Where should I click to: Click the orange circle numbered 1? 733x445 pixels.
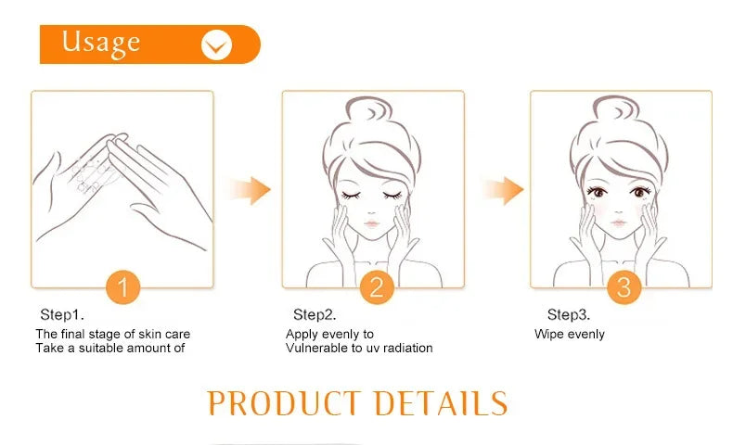122,286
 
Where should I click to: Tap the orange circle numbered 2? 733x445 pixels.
375,286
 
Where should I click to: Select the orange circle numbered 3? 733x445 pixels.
624,286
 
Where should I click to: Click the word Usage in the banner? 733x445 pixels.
101,42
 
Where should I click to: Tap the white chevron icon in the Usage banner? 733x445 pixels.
216,44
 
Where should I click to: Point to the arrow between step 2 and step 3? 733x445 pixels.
502,190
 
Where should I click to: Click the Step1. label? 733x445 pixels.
62,314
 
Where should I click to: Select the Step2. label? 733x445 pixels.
315,314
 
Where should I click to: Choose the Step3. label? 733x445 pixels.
568,314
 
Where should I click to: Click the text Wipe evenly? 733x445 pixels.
569,334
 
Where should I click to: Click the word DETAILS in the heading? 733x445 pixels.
441,403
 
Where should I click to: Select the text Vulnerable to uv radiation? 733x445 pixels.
359,349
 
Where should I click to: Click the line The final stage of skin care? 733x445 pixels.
112,334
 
